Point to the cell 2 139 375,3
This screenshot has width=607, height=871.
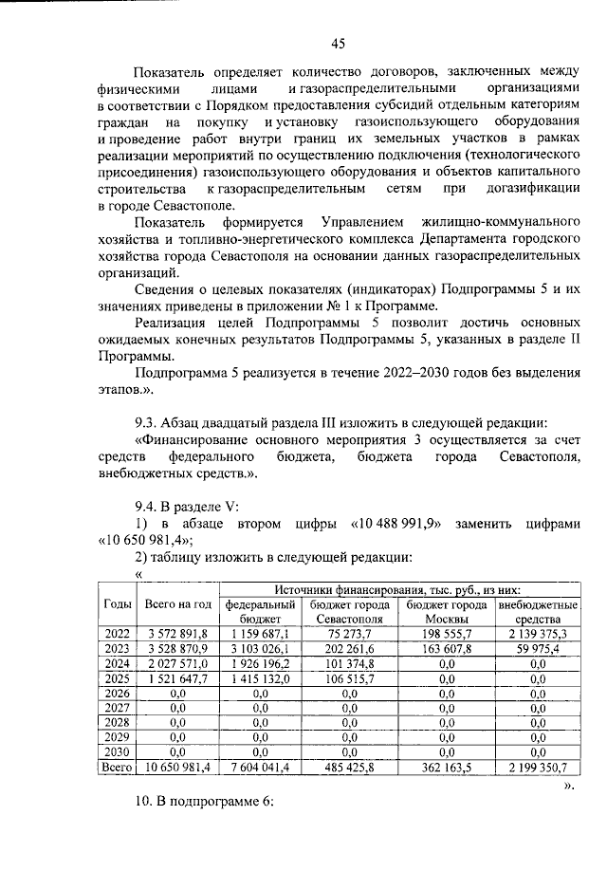(x=537, y=634)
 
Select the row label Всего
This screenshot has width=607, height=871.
(x=117, y=768)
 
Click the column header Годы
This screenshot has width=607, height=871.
(x=117, y=604)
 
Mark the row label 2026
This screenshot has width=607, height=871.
(x=117, y=694)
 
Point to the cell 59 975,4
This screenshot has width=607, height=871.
(x=537, y=649)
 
